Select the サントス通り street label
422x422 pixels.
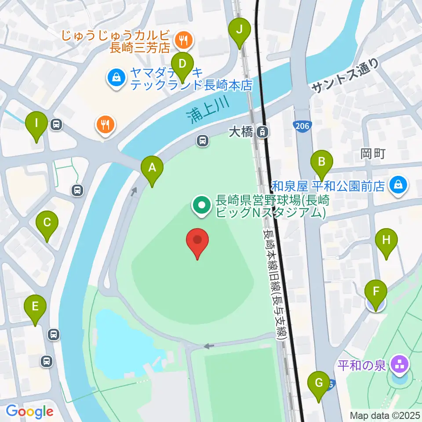click(345, 76)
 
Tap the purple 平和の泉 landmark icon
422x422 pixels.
click(400, 364)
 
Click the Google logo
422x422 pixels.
click(29, 411)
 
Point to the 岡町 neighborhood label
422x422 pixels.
click(373, 153)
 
